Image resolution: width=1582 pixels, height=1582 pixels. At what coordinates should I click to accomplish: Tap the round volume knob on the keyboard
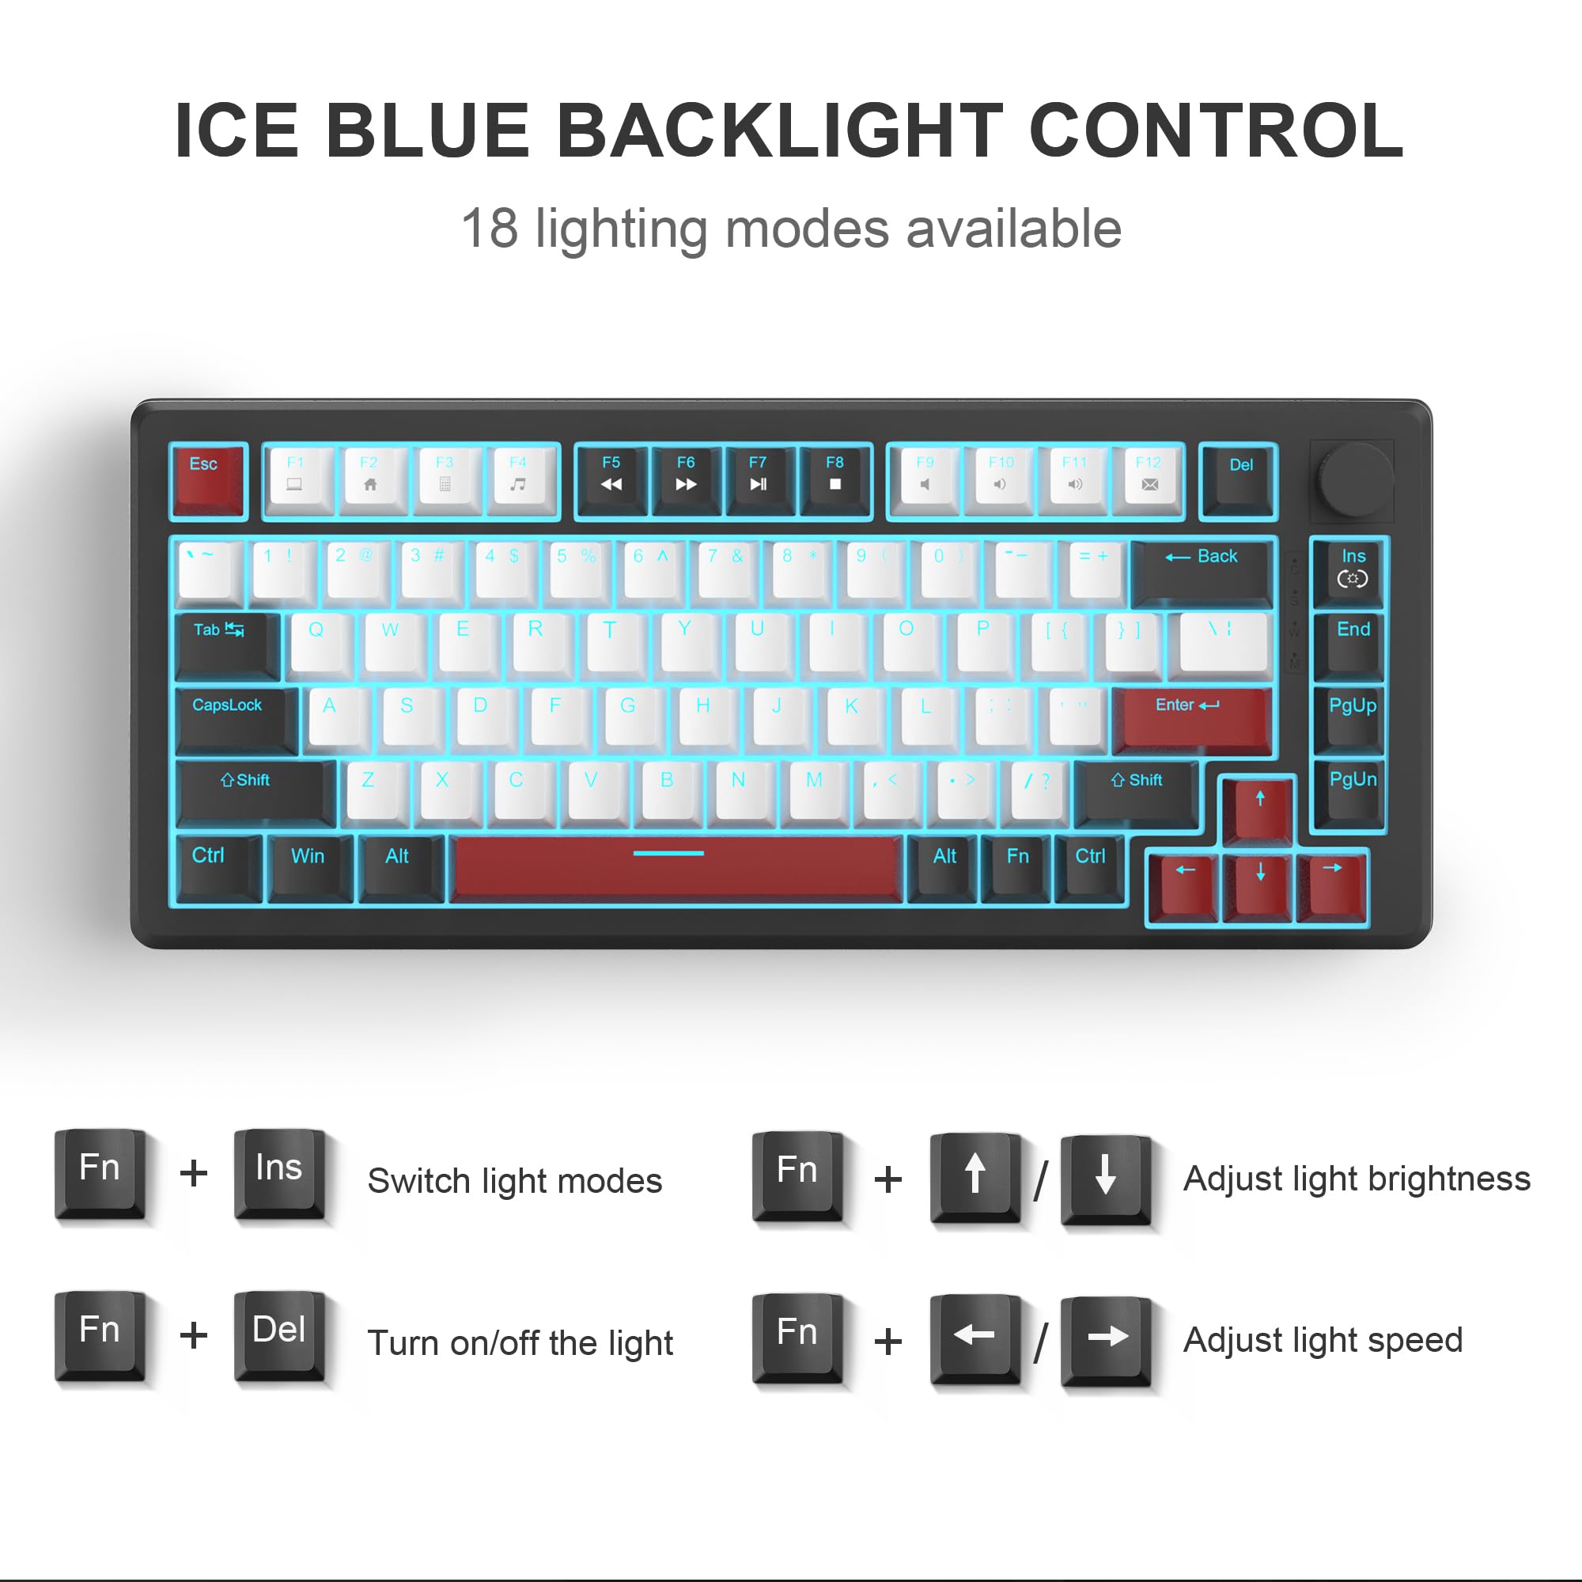[x=1354, y=480]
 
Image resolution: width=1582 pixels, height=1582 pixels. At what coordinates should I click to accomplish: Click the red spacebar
[x=677, y=869]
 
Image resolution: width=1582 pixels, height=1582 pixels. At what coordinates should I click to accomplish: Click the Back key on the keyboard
[x=1202, y=569]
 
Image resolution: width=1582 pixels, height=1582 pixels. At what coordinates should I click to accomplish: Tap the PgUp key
[x=1352, y=718]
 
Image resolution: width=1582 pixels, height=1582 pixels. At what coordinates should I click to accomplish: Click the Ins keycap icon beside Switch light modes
[x=279, y=1173]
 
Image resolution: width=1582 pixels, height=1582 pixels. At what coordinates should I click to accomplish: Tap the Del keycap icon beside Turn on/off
[x=279, y=1335]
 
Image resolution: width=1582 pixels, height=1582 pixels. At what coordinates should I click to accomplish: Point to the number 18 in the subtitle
[x=490, y=229]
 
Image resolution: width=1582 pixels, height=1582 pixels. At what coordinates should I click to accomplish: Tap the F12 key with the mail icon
[x=1148, y=480]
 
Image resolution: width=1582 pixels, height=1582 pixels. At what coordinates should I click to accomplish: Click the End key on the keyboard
[x=1353, y=644]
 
